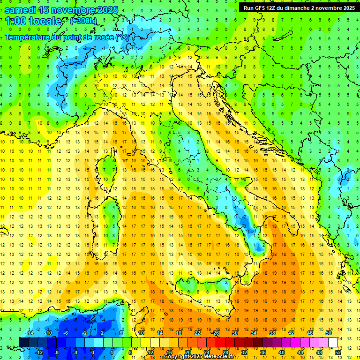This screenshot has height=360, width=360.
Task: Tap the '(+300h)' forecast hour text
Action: coord(84,21)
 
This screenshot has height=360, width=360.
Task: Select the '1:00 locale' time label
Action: coord(33,21)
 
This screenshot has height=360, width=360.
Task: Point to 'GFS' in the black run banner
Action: coord(262,7)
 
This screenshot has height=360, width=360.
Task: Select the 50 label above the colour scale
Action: coord(328,333)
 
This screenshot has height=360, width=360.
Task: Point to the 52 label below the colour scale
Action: coord(337,352)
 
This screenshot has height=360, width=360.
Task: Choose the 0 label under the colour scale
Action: coord(92,352)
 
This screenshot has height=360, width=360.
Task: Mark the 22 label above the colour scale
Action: coord(197,333)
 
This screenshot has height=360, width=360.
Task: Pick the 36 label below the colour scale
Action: coord(262,352)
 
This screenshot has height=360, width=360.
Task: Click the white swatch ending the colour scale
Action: coord(333,342)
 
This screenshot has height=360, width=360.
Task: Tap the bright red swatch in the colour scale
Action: coord(220,342)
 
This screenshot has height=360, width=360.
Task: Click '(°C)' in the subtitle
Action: coord(121,37)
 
